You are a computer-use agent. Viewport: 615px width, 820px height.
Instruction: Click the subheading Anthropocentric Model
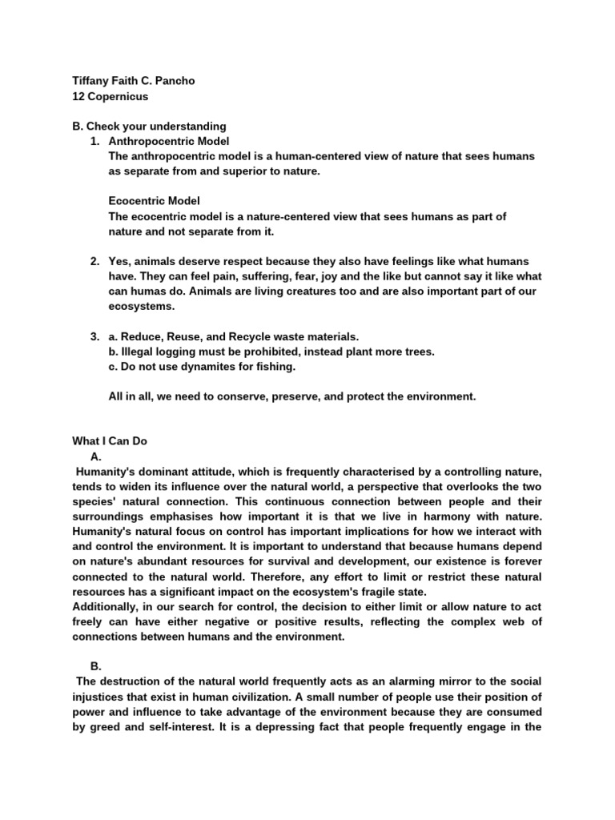click(168, 142)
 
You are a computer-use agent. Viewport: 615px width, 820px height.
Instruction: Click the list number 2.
click(94, 262)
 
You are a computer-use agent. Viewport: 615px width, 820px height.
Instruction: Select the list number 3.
click(94, 336)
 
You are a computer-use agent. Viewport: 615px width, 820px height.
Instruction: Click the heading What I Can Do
click(110, 441)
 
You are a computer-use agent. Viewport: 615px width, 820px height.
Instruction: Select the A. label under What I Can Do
click(96, 456)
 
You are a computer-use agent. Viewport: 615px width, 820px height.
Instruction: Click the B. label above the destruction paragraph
click(96, 665)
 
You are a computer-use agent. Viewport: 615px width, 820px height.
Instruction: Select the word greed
click(105, 726)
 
